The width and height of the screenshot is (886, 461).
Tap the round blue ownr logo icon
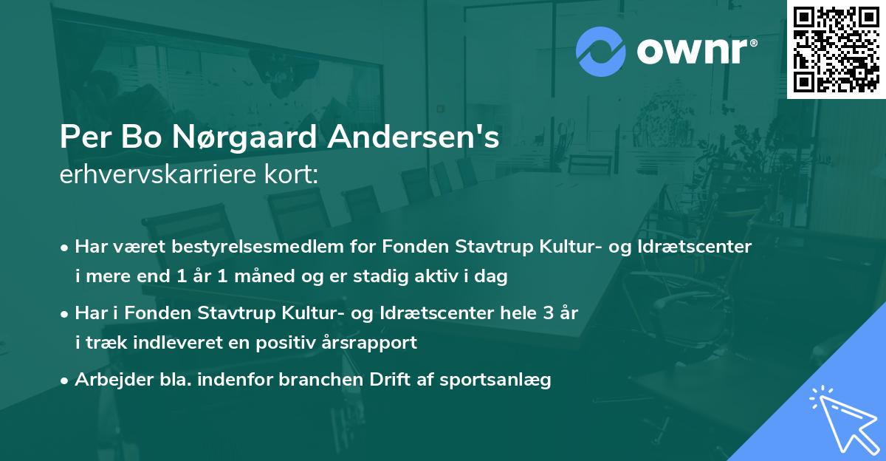pos(600,51)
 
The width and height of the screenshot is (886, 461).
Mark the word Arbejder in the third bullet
pos(108,380)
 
